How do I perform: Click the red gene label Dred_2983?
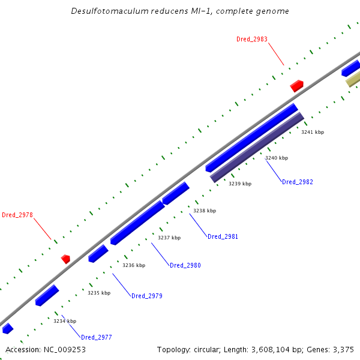tap(252, 39)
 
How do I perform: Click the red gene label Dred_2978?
tap(17, 215)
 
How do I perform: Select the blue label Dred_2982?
tap(298, 182)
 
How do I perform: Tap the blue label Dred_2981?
tap(223, 236)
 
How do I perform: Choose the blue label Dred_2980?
tap(185, 265)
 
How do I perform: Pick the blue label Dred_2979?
tap(147, 296)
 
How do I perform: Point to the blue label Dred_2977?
tap(97, 337)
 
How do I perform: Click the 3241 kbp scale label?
tap(313, 132)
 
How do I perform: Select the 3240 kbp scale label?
tap(277, 158)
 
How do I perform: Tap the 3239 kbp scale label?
tap(240, 184)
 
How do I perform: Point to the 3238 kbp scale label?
tap(205, 211)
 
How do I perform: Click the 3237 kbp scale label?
tap(169, 238)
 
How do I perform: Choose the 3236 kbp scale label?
tap(134, 265)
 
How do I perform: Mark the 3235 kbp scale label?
tap(99, 293)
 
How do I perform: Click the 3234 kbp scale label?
tap(65, 321)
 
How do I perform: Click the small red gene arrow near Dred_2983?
tap(296, 86)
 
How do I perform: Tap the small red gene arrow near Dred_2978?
tap(65, 259)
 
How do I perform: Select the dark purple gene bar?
tap(257, 148)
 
